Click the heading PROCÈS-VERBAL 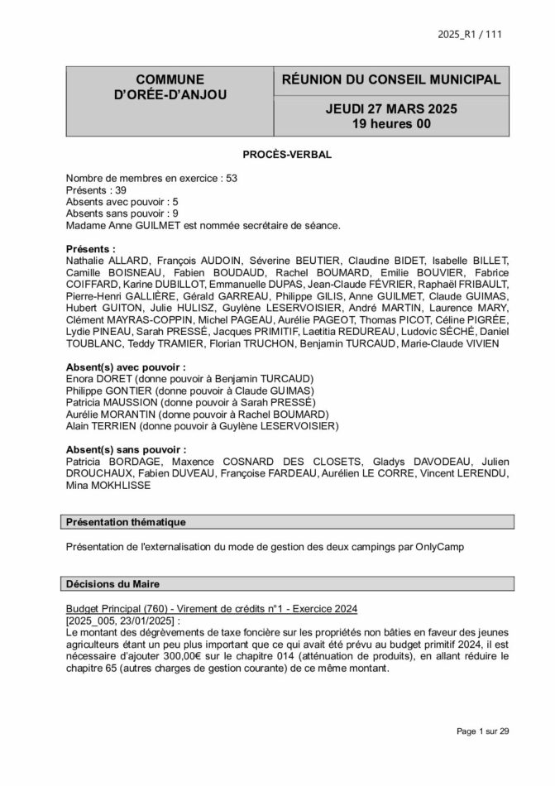tap(277, 155)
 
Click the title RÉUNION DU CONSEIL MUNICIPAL tap(391, 80)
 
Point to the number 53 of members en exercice tap(231, 178)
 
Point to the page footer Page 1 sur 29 tap(483, 731)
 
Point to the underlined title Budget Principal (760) tap(121, 609)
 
